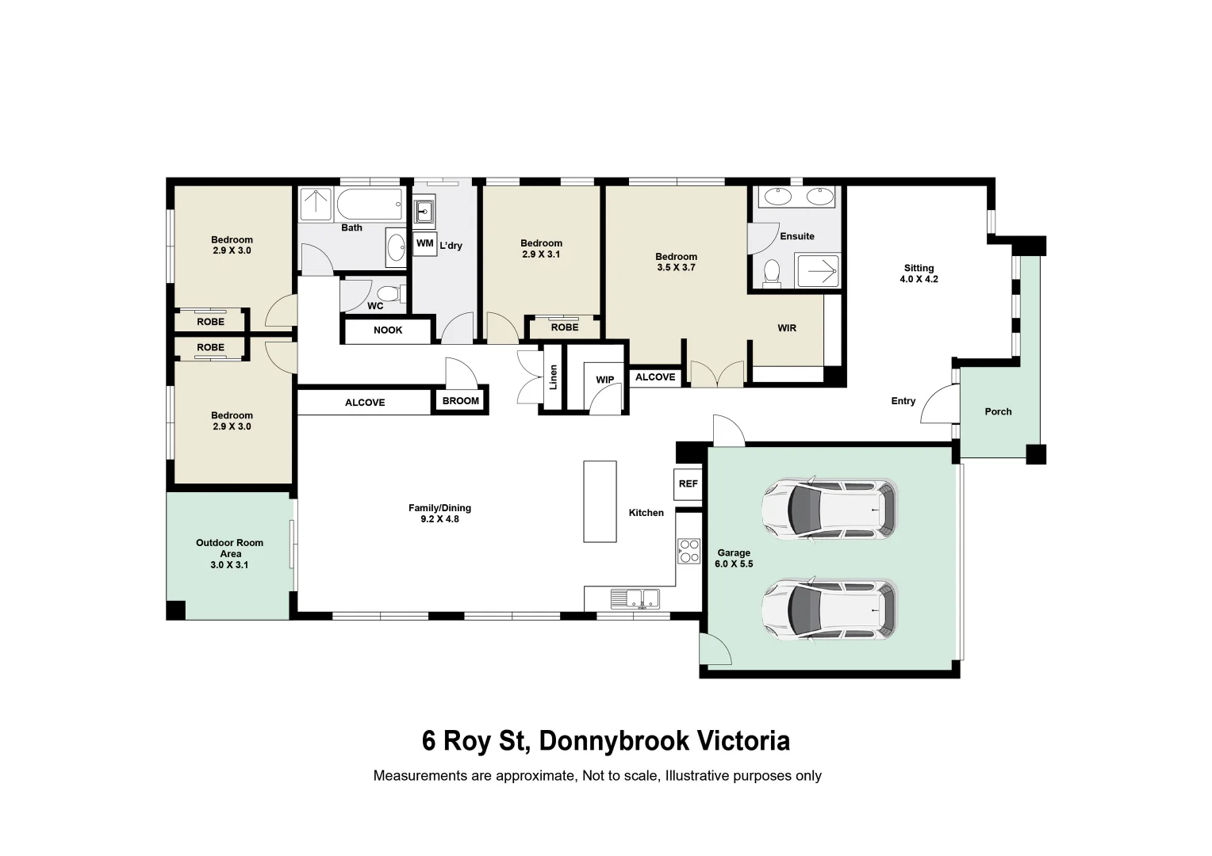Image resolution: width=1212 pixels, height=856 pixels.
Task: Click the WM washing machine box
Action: pos(425,244)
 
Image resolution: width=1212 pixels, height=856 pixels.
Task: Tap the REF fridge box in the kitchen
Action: pos(688,483)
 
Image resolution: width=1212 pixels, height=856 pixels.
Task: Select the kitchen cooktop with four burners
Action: pos(688,552)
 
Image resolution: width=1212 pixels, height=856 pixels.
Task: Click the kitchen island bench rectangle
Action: pos(600,501)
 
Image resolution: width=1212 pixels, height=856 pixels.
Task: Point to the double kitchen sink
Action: pos(635,598)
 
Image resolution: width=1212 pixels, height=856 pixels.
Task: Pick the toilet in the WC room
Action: pos(388,294)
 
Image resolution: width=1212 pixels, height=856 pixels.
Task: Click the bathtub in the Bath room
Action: pos(370,204)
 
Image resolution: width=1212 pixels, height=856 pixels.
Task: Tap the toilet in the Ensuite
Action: pos(772,273)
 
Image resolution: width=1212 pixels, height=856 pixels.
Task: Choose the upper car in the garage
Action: pos(830,509)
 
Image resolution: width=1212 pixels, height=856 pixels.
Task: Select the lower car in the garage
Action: pos(830,610)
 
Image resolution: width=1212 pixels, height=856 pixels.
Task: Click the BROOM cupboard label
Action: pos(461,401)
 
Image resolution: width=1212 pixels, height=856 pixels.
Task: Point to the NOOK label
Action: pos(388,330)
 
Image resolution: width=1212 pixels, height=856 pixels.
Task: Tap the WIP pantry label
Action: pos(605,380)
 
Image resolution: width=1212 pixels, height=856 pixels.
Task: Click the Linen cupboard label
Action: pos(553,377)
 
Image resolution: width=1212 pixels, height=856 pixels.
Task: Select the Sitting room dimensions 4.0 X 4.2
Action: pos(919,279)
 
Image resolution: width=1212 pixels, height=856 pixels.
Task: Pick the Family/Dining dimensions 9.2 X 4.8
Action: pos(440,519)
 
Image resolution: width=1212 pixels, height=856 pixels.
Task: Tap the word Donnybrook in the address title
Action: pos(614,741)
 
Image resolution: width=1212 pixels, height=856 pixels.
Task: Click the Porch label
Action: pos(999,411)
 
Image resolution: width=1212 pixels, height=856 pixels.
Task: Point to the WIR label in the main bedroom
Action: pos(787,327)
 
